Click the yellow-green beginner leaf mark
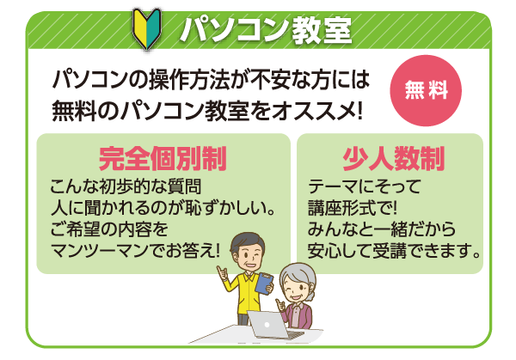click(x=147, y=29)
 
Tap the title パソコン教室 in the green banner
click(x=266, y=30)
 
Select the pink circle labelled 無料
click(x=426, y=90)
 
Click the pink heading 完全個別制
click(x=163, y=158)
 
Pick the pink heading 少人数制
click(x=393, y=158)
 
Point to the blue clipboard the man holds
click(x=264, y=283)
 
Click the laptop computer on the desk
click(x=275, y=325)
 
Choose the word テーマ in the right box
click(x=333, y=186)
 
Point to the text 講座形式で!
click(x=353, y=207)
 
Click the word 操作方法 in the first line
click(x=189, y=80)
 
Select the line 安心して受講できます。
click(x=394, y=251)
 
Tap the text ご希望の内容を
click(x=109, y=229)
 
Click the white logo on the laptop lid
click(x=267, y=325)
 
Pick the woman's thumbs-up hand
click(x=280, y=304)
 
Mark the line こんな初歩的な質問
click(x=126, y=186)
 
